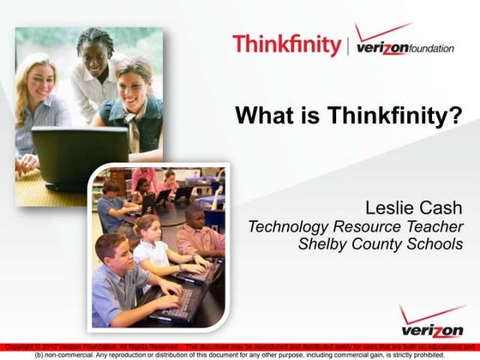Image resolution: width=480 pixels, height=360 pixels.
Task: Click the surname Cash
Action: pyautogui.click(x=441, y=208)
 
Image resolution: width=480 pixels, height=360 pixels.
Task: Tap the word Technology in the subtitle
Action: pyautogui.click(x=287, y=227)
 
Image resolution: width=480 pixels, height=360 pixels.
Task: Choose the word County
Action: pyautogui.click(x=374, y=244)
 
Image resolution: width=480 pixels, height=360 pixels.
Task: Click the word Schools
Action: pyautogui.click(x=433, y=244)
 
